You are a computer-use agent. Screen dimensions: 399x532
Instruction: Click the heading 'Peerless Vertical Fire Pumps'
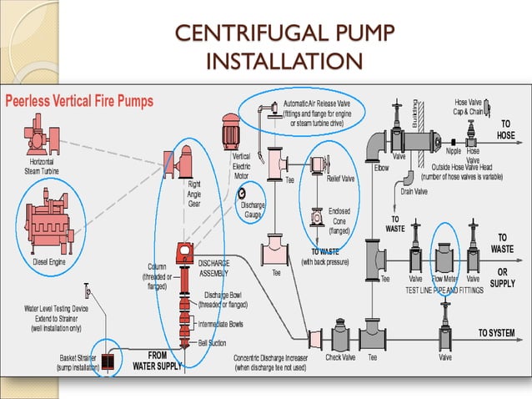[81, 101]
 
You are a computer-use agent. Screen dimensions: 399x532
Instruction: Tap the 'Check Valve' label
[341, 357]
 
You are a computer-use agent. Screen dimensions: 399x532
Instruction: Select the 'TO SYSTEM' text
[496, 333]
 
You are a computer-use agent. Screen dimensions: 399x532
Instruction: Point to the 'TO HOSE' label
[506, 129]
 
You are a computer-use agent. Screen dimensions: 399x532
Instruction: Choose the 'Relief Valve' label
[340, 178]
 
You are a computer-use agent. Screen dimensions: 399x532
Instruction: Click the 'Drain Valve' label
[414, 191]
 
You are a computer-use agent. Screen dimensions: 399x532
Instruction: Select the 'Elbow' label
[382, 167]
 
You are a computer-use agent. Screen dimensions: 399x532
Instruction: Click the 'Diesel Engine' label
[50, 262]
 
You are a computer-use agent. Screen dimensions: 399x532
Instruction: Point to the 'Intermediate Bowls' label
[224, 323]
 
